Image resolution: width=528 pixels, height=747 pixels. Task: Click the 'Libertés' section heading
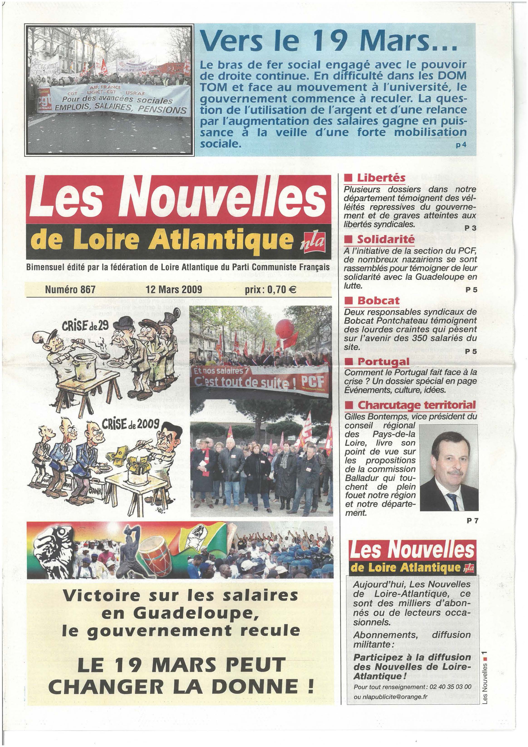[381, 178]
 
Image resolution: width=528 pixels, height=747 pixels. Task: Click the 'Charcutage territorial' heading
[416, 405]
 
